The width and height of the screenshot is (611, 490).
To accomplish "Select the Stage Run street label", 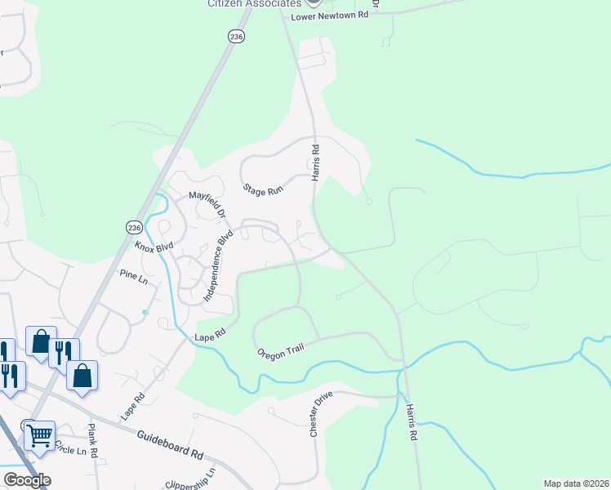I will click(x=263, y=189).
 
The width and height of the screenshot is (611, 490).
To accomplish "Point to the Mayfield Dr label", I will click(x=207, y=202).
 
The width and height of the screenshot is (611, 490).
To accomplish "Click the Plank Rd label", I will click(x=93, y=441).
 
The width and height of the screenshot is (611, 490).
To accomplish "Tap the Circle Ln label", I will click(x=69, y=450).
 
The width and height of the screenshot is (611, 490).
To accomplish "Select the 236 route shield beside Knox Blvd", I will click(x=134, y=226).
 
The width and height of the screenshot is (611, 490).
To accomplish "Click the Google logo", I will click(x=27, y=480).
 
